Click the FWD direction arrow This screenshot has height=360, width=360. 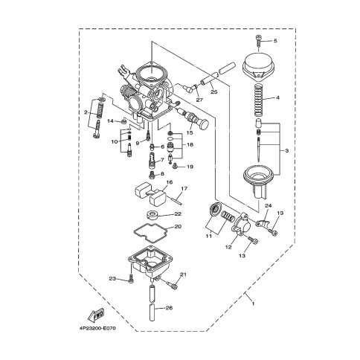click(96, 314)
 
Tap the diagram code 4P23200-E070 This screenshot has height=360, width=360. click(98, 329)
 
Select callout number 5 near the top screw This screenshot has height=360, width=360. click(275, 41)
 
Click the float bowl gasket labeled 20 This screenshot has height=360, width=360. click(151, 233)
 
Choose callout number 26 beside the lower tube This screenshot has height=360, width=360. click(169, 308)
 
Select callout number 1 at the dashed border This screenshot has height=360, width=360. click(253, 303)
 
